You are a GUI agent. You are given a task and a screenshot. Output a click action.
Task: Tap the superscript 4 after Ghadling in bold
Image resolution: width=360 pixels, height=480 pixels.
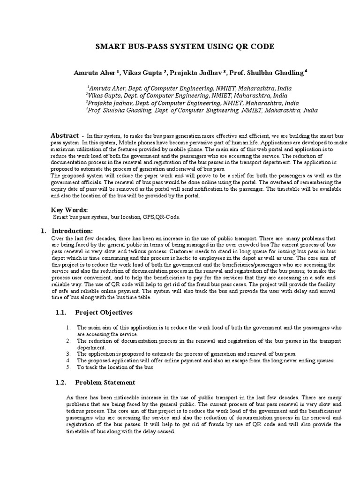pos(306,71)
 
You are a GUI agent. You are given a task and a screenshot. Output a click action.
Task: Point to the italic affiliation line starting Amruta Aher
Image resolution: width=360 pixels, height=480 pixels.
pos(189,88)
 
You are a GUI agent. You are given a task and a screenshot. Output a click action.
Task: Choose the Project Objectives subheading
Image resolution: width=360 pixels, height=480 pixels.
pos(104,312)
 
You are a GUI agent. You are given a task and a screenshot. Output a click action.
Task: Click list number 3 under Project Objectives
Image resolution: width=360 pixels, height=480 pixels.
pos(68,353)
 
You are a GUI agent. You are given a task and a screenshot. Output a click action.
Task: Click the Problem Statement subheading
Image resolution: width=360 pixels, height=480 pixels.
pos(105,382)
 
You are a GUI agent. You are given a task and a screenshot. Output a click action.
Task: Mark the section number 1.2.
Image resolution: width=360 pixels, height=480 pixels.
pos(61,382)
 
